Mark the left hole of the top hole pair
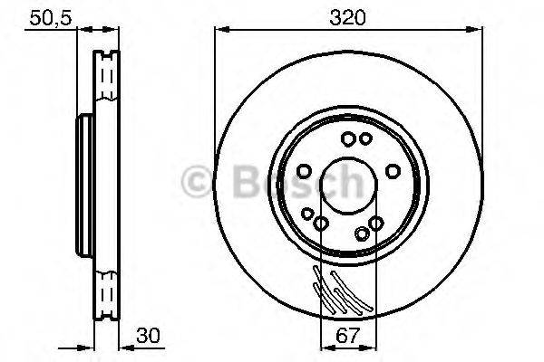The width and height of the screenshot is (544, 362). pyautogui.click(x=347, y=138)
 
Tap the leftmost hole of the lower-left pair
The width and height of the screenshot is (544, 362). pyautogui.click(x=307, y=214)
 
